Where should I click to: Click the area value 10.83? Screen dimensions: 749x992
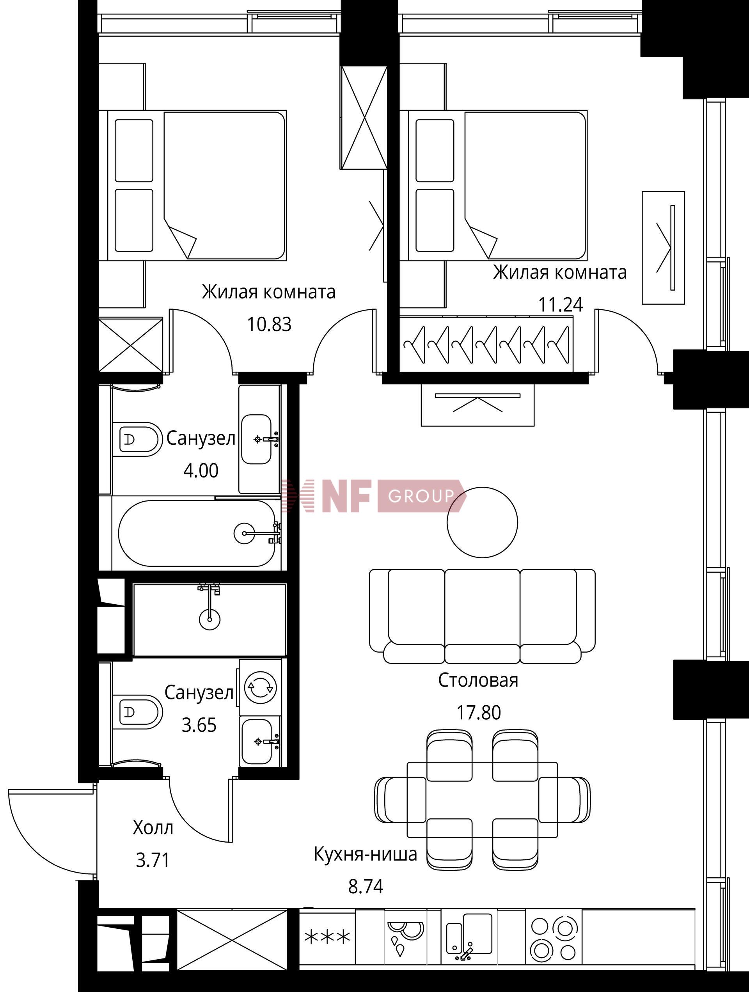(269, 324)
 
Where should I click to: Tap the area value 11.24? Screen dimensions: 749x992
(560, 305)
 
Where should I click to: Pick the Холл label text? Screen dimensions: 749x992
(153, 828)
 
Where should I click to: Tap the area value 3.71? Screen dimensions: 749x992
(153, 860)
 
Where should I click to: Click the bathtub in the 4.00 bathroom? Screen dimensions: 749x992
(197, 534)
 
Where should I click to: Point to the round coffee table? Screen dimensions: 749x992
(483, 522)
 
